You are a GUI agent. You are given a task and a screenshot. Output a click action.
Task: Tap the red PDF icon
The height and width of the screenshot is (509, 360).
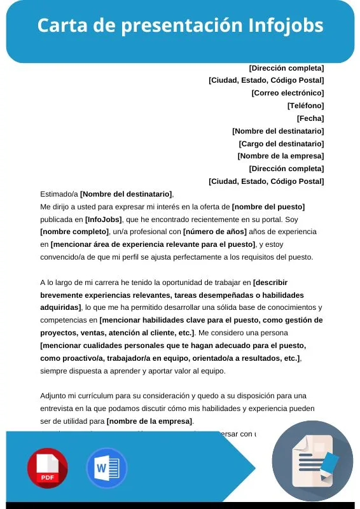tap(47, 468)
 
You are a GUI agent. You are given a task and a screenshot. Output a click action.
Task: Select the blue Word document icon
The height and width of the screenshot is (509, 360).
tap(106, 468)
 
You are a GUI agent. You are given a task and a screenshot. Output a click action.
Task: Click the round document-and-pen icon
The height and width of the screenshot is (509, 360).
tap(316, 462)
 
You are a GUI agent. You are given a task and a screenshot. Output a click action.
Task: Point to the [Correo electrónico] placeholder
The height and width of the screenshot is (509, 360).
tap(287, 93)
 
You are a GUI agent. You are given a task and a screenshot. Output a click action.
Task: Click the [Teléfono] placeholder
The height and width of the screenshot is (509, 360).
tap(305, 106)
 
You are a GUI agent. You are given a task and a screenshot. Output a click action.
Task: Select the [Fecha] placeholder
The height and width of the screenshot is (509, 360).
tap(310, 118)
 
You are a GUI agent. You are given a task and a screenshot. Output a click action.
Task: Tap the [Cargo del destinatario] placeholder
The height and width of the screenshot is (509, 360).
tap(281, 144)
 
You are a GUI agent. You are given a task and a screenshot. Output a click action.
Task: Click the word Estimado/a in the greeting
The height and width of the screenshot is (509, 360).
tap(59, 194)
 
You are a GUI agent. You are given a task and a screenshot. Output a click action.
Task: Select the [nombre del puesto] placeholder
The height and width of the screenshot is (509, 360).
tap(268, 207)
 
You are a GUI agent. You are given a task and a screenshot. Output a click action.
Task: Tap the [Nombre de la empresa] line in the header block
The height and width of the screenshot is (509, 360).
tap(280, 156)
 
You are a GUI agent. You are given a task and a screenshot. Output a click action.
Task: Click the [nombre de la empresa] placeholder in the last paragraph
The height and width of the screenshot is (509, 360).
tap(149, 421)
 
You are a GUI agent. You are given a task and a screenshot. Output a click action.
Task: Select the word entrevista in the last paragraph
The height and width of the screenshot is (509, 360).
tap(59, 408)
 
